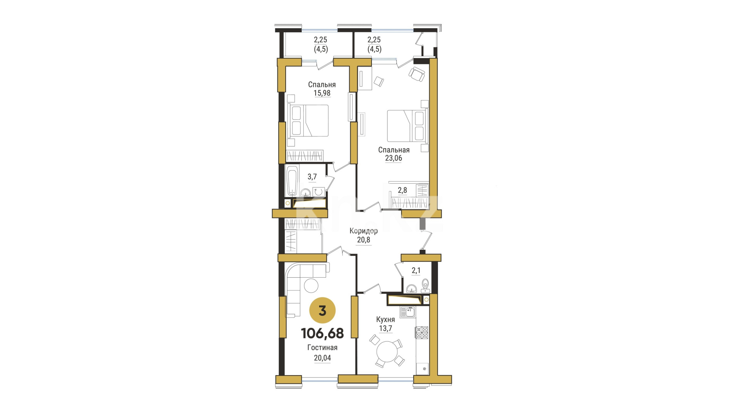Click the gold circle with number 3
(323, 310)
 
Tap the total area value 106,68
(322, 333)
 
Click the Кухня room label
(385, 320)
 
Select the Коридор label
(363, 231)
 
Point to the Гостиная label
(322, 347)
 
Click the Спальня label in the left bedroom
(322, 85)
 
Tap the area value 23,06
(394, 158)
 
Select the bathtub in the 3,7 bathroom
(293, 180)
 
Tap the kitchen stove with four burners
(422, 332)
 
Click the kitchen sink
(408, 312)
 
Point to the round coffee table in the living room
(311, 286)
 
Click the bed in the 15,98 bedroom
(308, 121)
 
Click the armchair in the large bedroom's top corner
(417, 74)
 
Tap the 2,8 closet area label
(402, 190)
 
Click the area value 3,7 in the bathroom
(312, 177)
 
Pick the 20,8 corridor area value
(363, 240)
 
